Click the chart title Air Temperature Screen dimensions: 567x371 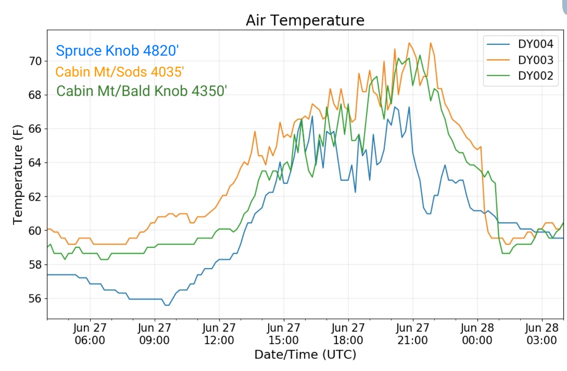[x=305, y=20]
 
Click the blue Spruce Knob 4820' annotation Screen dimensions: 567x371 [x=117, y=50]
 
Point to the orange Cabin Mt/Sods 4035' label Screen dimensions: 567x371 [x=119, y=72]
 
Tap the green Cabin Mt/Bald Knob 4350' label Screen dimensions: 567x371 [x=142, y=91]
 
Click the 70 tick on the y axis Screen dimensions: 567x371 [x=35, y=61]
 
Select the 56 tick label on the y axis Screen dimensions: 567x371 [x=35, y=298]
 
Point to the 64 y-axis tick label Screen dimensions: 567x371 [x=35, y=163]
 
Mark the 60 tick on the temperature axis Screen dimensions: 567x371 [x=35, y=231]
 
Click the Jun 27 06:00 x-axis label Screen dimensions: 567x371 [x=90, y=334]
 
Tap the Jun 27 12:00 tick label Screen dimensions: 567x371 [x=219, y=334]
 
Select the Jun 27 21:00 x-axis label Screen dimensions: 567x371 [x=412, y=334]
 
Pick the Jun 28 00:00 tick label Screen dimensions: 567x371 [x=477, y=334]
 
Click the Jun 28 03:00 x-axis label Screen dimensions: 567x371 [x=542, y=334]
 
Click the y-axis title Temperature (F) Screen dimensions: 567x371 [x=18, y=175]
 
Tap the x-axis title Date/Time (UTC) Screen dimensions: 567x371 [x=305, y=354]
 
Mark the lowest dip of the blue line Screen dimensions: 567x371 [x=167, y=306]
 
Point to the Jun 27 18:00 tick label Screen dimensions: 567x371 [x=348, y=334]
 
